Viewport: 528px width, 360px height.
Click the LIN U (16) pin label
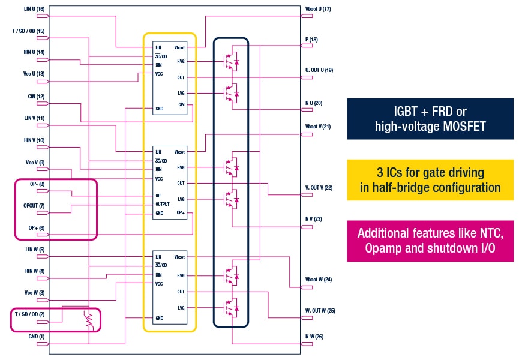coord(34,9)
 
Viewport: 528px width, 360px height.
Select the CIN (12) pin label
coord(36,96)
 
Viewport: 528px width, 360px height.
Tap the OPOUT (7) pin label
coord(34,206)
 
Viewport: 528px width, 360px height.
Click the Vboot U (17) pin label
coord(318,9)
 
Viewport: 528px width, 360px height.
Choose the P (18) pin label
coord(311,40)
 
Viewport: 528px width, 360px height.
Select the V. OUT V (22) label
coord(319,188)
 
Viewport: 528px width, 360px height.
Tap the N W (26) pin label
coord(314,337)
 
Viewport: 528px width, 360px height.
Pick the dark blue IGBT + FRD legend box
coord(430,119)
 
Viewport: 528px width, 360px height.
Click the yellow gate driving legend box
coord(430,179)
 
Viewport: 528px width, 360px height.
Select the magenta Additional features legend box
coord(430,241)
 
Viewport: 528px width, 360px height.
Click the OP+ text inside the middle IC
coord(180,213)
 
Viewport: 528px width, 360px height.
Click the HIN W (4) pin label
coord(34,271)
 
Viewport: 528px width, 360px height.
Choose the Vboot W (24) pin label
coord(319,280)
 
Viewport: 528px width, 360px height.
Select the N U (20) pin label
coord(314,103)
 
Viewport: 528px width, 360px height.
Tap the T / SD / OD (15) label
coord(28,31)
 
